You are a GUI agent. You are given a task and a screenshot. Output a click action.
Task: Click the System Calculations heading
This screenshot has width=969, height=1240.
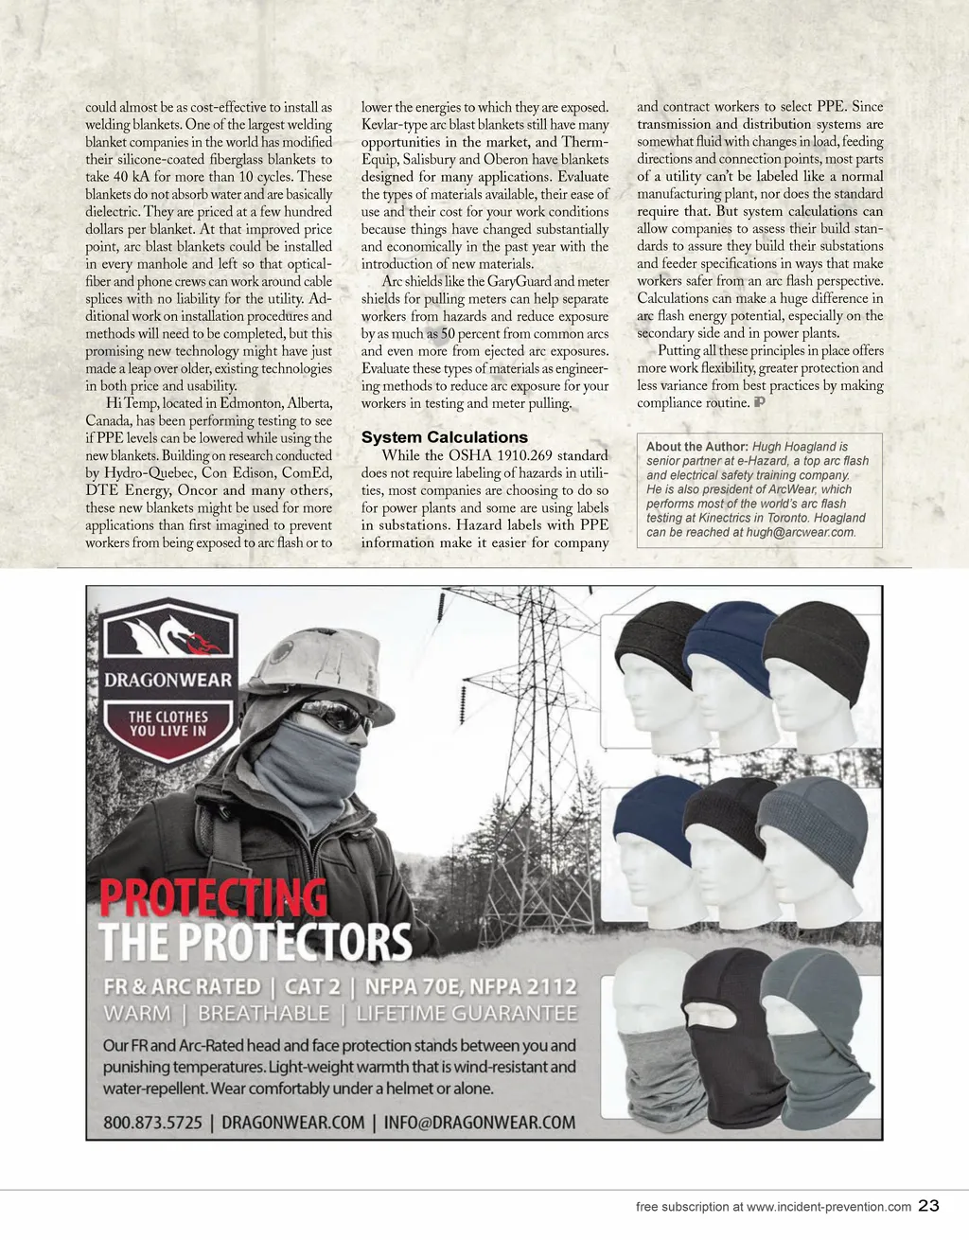[x=444, y=437]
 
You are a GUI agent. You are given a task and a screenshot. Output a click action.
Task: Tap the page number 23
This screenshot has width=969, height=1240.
[x=928, y=1206]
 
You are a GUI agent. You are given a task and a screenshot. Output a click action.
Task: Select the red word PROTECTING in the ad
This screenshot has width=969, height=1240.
[x=214, y=898]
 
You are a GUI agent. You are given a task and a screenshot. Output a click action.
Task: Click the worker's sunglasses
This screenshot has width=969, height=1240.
[x=336, y=717]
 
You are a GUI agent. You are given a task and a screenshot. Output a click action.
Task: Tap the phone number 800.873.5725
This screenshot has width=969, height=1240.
[x=152, y=1123]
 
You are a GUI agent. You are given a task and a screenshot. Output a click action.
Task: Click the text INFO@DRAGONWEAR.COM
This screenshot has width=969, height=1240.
[x=479, y=1123]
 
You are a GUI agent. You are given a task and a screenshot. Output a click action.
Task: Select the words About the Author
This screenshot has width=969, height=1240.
[x=696, y=447]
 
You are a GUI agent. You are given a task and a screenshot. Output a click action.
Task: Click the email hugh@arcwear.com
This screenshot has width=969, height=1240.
[x=800, y=532]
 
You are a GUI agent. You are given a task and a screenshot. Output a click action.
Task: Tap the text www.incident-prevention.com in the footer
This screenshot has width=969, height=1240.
[x=828, y=1207]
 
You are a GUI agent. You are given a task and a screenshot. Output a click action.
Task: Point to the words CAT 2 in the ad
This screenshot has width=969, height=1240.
[x=312, y=986]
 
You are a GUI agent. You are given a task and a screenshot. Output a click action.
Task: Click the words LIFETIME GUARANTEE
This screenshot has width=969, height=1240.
[x=467, y=1014]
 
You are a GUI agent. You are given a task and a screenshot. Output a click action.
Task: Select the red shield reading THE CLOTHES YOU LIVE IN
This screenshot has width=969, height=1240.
[x=168, y=727]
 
